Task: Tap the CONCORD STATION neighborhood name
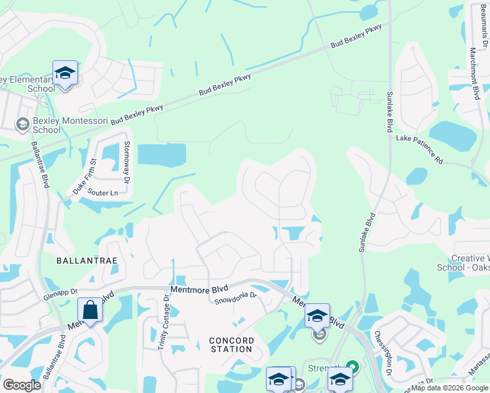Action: [x=231, y=345]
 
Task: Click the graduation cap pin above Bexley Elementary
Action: [x=65, y=72]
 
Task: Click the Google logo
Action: [x=22, y=385]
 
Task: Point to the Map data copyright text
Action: [x=449, y=388]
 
